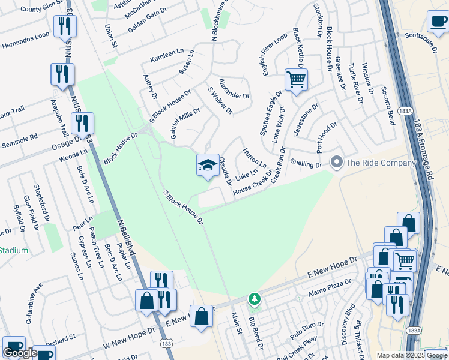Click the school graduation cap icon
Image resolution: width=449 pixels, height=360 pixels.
point(208,164)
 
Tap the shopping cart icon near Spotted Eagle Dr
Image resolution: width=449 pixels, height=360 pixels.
point(296,79)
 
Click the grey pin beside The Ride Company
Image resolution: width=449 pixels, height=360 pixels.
point(336,162)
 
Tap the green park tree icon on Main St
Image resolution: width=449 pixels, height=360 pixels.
point(255,299)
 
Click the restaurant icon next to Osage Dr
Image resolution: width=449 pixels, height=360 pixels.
point(82,123)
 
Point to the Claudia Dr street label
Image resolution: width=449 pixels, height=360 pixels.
point(225,170)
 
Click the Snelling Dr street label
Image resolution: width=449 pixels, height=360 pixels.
point(306,164)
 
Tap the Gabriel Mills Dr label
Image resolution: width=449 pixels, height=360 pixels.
point(185,124)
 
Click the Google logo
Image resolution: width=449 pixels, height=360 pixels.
point(20,353)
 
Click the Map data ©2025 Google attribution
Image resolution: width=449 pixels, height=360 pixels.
point(412,355)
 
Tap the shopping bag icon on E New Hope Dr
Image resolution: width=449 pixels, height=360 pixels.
point(201,316)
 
